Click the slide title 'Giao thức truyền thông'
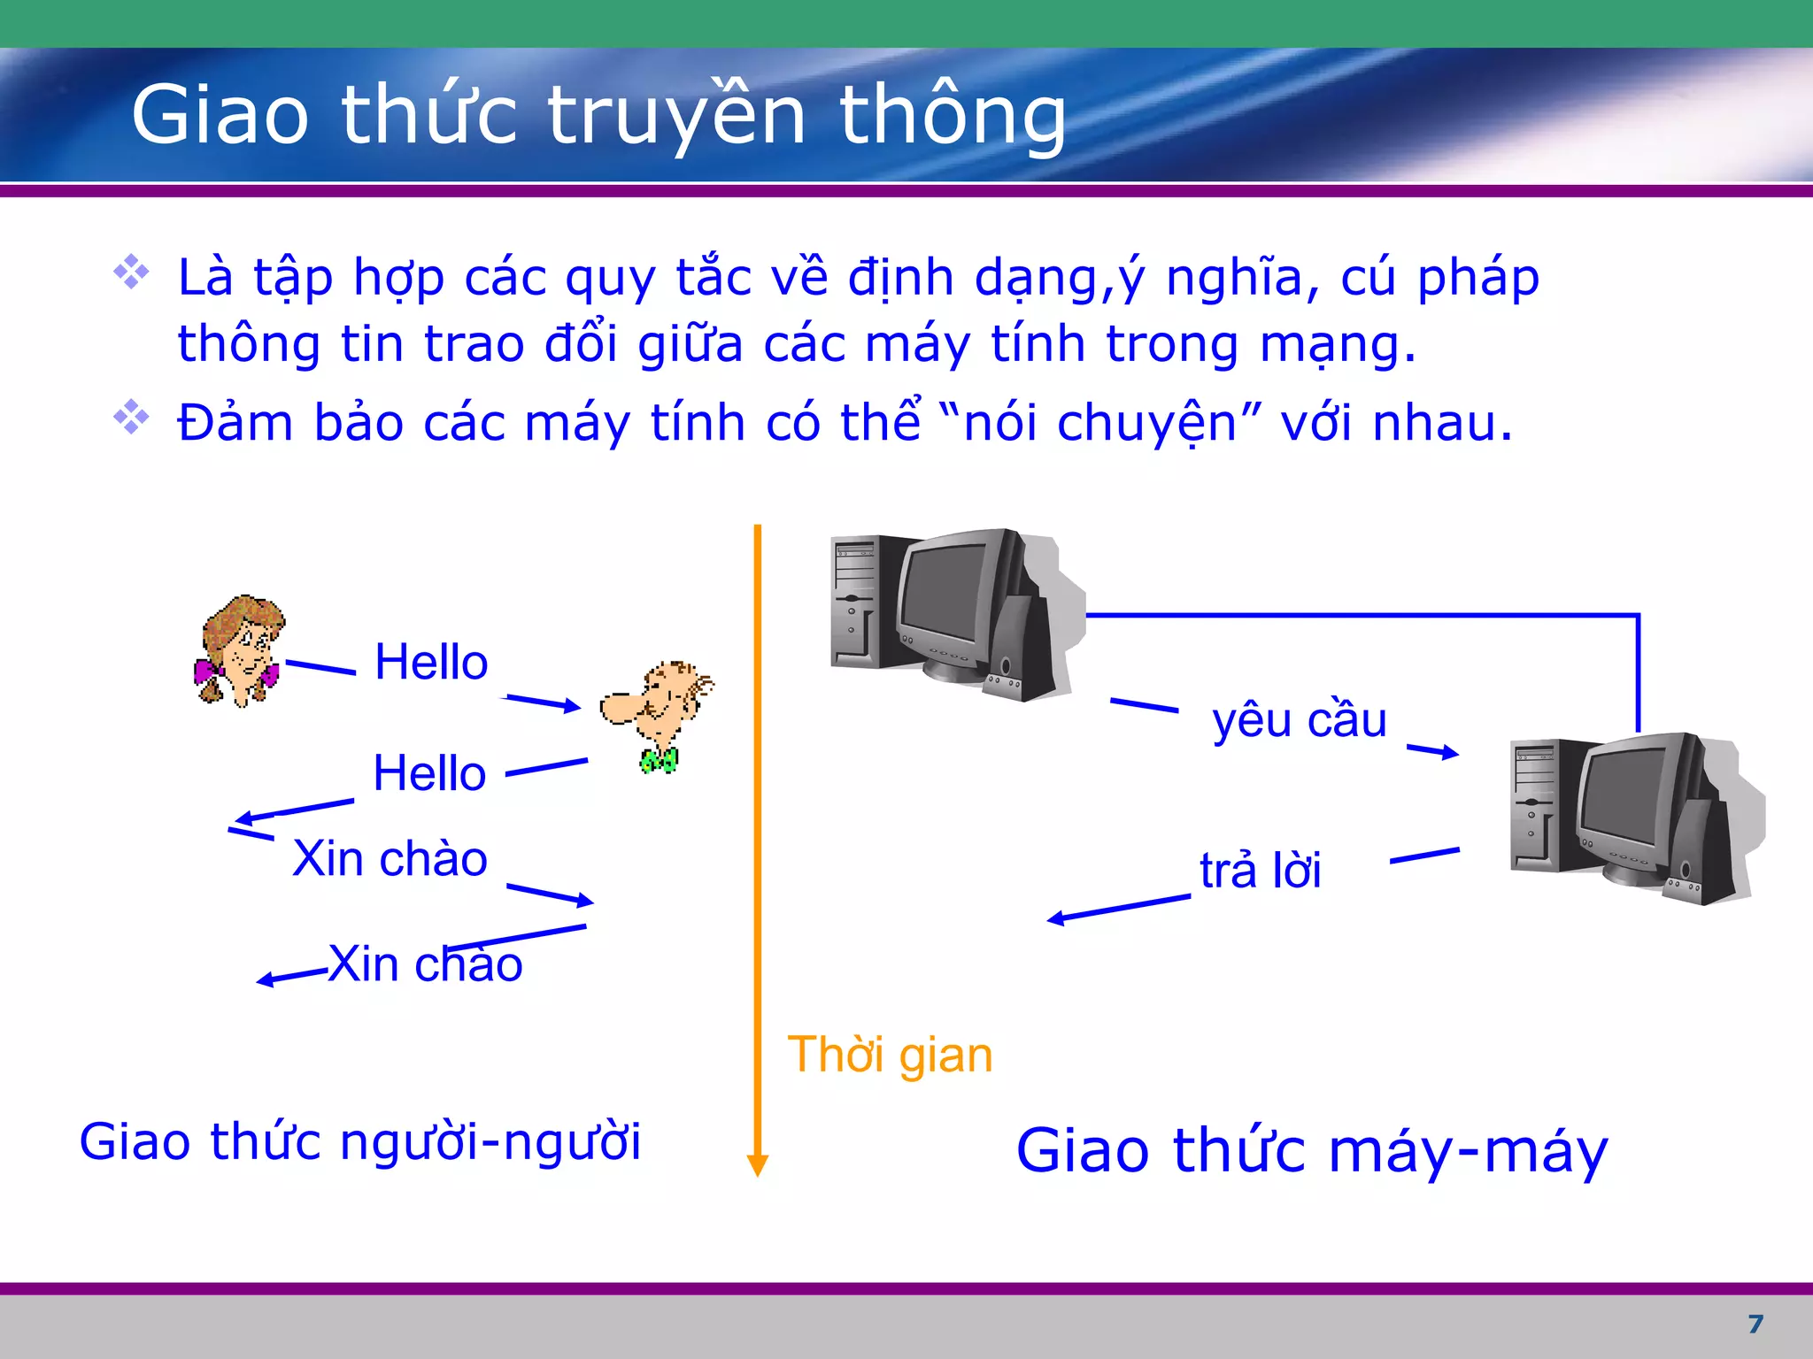click(x=598, y=115)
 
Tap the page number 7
click(x=1755, y=1324)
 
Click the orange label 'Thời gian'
click(x=890, y=1055)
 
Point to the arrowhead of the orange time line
click(x=757, y=1165)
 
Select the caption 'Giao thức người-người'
click(x=359, y=1141)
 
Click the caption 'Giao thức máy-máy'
click(x=1311, y=1151)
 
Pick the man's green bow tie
click(x=660, y=760)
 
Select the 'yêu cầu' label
click(x=1299, y=720)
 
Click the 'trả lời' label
click(x=1260, y=870)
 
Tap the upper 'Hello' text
click(x=431, y=662)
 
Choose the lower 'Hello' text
click(x=429, y=773)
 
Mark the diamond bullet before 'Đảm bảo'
click(x=131, y=417)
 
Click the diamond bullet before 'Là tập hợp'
click(x=131, y=272)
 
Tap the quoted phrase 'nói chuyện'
click(x=1099, y=423)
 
